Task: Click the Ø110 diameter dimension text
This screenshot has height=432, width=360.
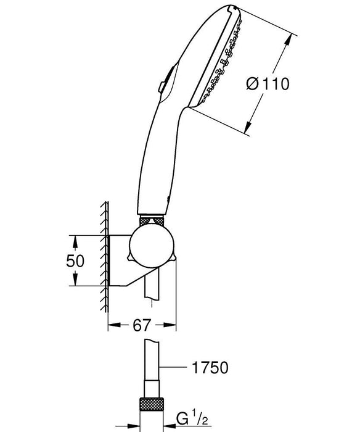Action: (x=267, y=84)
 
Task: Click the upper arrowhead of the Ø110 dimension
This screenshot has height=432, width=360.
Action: (x=290, y=38)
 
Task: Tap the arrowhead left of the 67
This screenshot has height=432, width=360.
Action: (x=113, y=324)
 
